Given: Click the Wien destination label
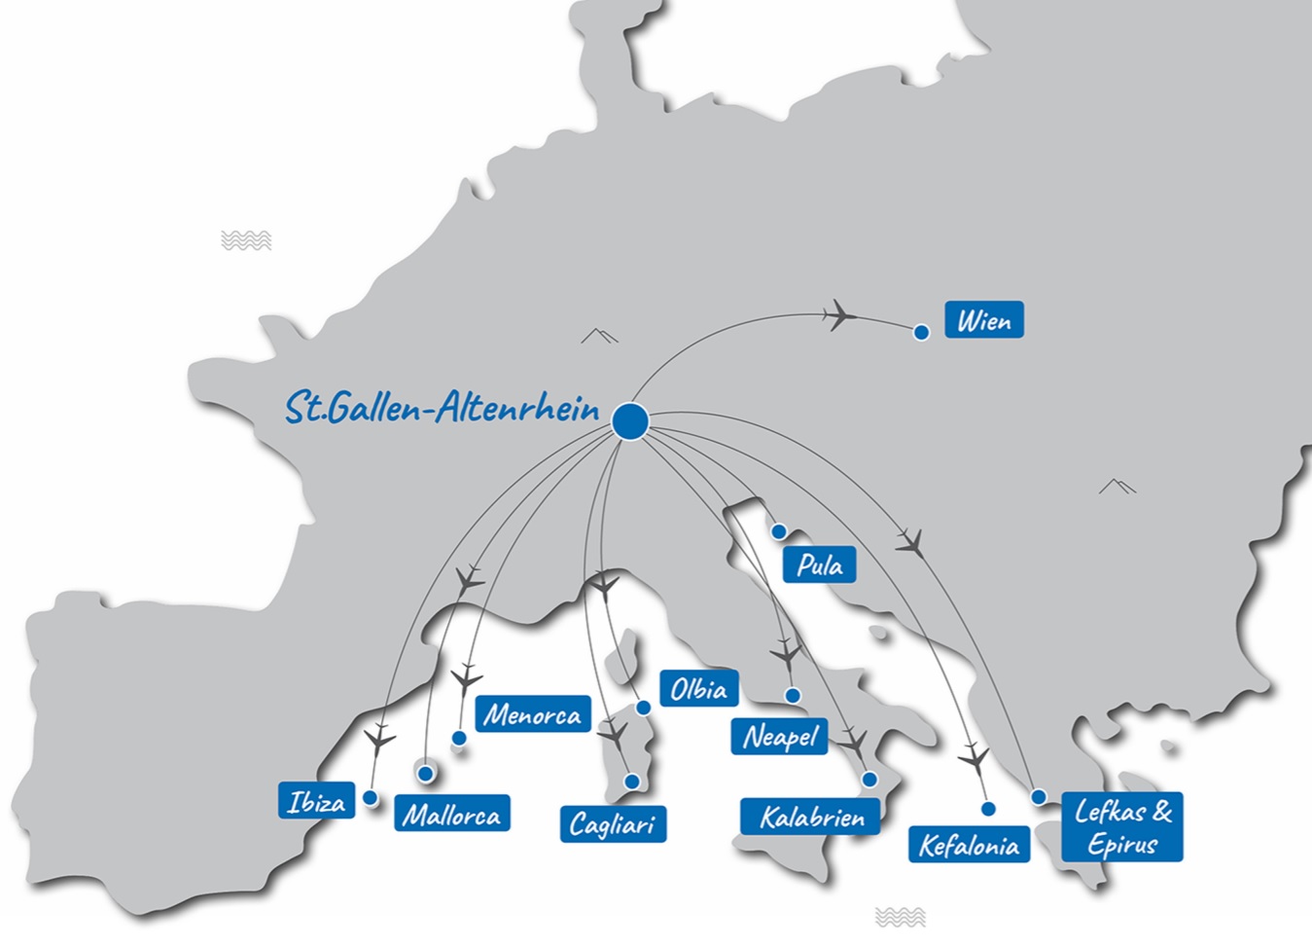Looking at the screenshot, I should pos(983,320).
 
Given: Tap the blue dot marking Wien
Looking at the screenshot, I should pos(921,333).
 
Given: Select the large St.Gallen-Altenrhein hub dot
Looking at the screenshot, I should pos(630,421).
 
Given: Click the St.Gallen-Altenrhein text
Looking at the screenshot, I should pos(442,408).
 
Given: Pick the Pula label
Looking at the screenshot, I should pos(819,565).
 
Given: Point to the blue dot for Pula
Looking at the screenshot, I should pos(779,532).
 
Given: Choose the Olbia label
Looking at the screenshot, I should pos(698,689).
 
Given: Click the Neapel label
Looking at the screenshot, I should pos(780,737).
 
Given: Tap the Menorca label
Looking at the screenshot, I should pos(533,715).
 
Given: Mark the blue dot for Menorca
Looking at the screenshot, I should pos(459,739).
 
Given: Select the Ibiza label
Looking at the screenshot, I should pos(316,802).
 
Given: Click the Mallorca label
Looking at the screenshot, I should pos(451,815).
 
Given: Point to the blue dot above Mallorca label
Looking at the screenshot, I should pos(425,774).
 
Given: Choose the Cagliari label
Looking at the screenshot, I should pos(613,824).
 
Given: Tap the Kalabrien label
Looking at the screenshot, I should pos(811,818).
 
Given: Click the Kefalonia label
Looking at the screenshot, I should pos(969,845).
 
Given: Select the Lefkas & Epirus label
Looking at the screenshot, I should pos(1122,827).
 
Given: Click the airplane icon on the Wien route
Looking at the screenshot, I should pos(838,314).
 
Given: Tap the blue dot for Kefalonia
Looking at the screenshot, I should pos(988,809).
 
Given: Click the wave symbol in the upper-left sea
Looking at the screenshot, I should pos(246,240).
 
